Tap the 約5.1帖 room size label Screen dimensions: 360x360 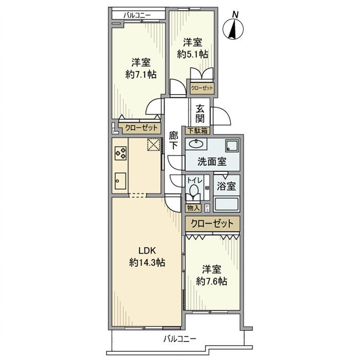193,53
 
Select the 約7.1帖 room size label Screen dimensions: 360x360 140,75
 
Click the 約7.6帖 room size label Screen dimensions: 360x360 212,281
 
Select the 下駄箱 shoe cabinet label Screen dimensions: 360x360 197,131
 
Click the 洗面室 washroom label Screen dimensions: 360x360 212,161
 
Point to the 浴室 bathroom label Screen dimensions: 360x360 226,186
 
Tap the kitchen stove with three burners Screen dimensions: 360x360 121,153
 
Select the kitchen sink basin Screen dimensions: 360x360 121,179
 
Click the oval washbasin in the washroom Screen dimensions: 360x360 196,143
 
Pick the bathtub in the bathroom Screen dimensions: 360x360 226,204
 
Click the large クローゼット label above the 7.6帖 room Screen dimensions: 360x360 212,224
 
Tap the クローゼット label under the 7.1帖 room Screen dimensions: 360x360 138,128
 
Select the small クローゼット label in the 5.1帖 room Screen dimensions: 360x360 201,88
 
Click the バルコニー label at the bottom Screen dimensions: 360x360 179,339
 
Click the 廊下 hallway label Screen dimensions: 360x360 174,139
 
